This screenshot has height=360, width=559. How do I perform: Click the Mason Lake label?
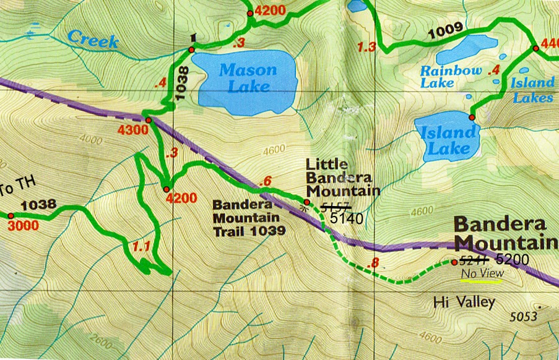(x=248, y=78)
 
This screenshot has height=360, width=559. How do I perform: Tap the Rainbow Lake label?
(x=451, y=77)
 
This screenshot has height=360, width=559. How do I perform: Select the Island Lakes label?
(x=532, y=90)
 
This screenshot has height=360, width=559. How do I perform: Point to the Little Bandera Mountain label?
(x=342, y=178)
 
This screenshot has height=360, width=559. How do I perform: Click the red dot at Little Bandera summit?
(x=306, y=202)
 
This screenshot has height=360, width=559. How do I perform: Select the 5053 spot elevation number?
(x=523, y=317)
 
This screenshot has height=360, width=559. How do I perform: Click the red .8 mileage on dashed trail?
(x=373, y=265)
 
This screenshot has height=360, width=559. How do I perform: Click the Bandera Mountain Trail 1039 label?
(x=249, y=218)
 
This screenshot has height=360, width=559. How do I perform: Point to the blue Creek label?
(x=93, y=39)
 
